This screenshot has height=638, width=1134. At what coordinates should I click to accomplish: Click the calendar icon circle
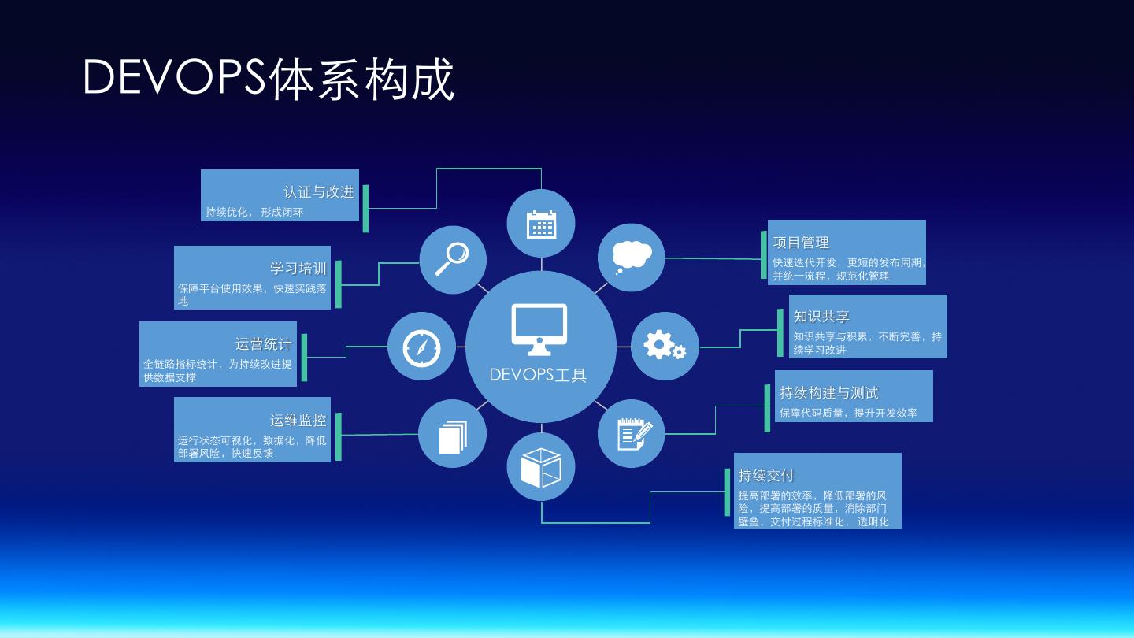click(x=541, y=224)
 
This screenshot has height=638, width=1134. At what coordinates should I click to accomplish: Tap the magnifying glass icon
click(x=453, y=259)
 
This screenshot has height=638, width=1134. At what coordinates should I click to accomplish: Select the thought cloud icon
click(x=631, y=258)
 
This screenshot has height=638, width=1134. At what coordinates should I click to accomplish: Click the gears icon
click(x=665, y=346)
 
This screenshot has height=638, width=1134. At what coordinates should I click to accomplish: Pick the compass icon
click(x=421, y=347)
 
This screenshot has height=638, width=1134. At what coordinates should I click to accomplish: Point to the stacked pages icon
click(x=453, y=435)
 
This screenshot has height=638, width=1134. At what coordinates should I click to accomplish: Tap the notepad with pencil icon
click(x=632, y=434)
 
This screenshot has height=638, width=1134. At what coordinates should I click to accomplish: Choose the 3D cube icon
click(x=541, y=467)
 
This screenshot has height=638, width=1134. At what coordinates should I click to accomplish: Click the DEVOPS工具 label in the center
click(x=539, y=375)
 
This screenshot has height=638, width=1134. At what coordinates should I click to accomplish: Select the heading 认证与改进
click(x=319, y=192)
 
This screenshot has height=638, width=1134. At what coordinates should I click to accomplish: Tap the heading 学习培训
click(x=298, y=269)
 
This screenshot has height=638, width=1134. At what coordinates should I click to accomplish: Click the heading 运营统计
click(x=263, y=344)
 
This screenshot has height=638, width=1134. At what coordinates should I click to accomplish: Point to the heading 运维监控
click(x=298, y=421)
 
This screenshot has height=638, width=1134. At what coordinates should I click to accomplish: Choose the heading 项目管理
click(x=801, y=243)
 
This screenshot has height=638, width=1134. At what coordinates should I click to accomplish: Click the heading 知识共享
click(x=821, y=317)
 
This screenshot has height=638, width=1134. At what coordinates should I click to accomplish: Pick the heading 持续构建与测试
click(x=828, y=393)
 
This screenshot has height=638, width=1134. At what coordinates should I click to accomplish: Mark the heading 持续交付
click(x=766, y=476)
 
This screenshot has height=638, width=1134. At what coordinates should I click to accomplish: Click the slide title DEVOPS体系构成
click(x=269, y=79)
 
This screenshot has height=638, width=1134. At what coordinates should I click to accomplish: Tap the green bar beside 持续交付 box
click(x=728, y=492)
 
